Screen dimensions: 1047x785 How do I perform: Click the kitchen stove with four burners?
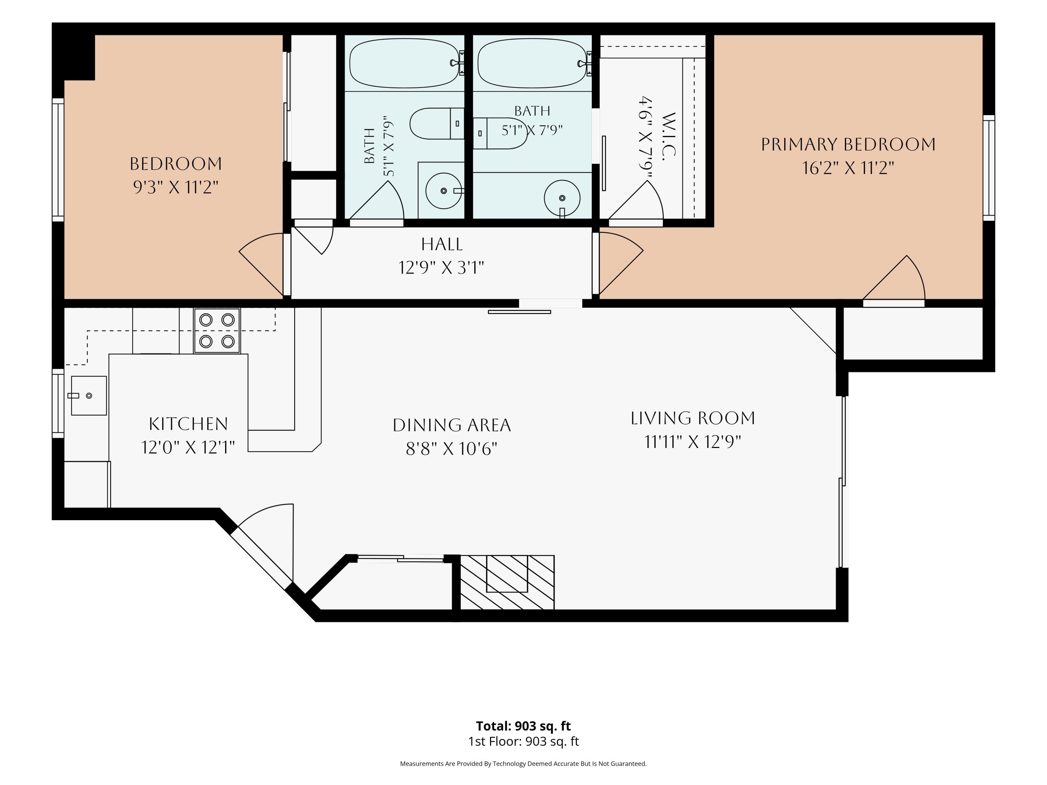(x=217, y=330)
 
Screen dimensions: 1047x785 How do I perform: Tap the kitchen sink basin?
(x=89, y=396)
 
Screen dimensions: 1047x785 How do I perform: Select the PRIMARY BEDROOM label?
(x=848, y=144)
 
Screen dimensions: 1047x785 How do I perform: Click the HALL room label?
(x=441, y=244)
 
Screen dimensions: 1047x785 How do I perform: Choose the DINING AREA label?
(x=452, y=425)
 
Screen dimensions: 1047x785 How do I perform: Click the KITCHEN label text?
(x=188, y=424)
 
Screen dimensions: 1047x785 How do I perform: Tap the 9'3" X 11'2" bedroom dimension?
(x=176, y=187)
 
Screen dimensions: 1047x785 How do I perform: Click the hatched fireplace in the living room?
(x=507, y=582)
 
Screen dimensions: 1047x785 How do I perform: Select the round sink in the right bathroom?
(x=562, y=198)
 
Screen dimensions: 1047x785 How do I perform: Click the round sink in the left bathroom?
(x=444, y=191)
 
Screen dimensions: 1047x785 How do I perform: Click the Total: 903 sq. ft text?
(x=523, y=726)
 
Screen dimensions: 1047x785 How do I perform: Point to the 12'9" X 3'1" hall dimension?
(x=441, y=268)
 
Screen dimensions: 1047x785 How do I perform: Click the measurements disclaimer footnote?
(x=523, y=763)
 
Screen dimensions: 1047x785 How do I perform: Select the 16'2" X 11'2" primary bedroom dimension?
(x=848, y=168)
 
